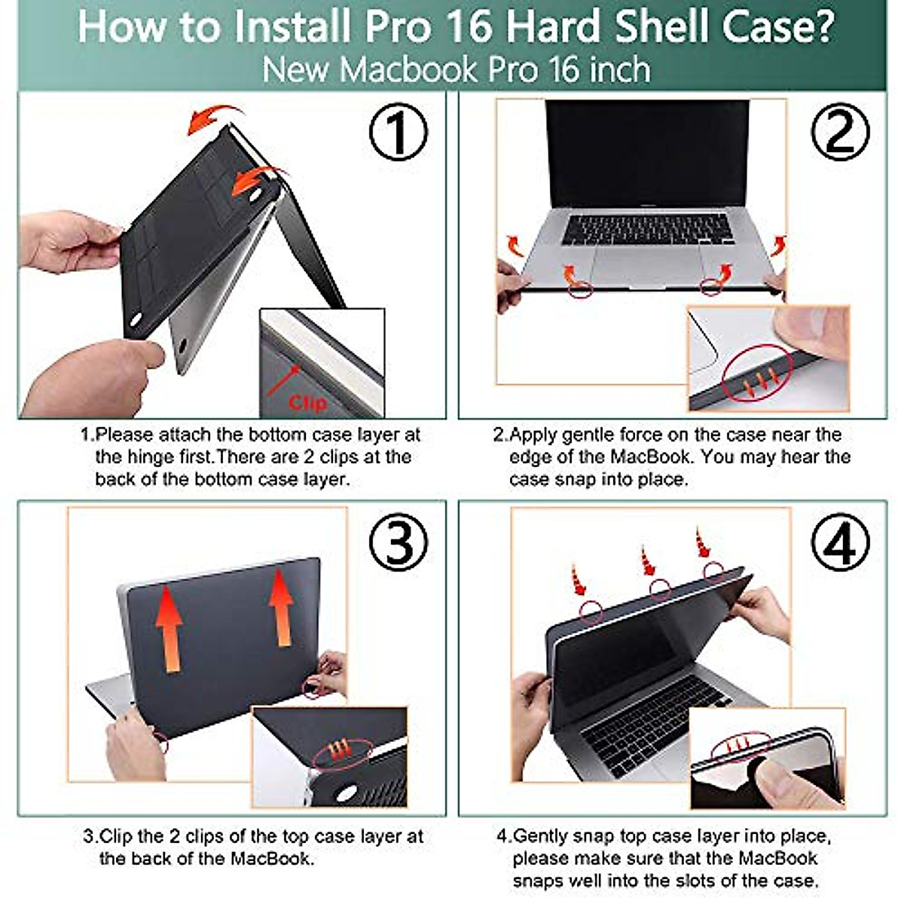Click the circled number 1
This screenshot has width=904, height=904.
click(399, 133)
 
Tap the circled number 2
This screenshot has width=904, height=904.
click(840, 133)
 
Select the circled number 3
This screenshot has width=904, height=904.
click(399, 542)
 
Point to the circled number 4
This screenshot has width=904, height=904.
click(840, 542)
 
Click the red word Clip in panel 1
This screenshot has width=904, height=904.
click(308, 402)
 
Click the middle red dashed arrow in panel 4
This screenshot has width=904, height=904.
click(647, 561)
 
